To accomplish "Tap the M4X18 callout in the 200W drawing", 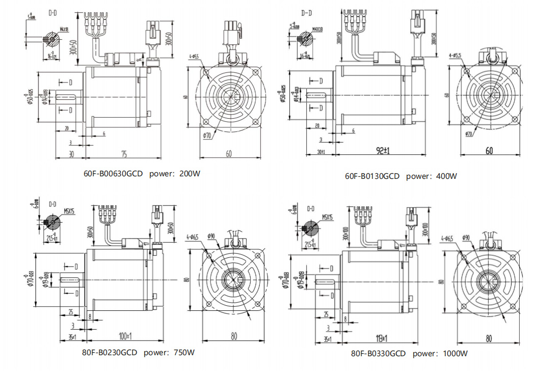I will tap(64, 30).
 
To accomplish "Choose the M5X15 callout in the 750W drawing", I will tap(69, 210).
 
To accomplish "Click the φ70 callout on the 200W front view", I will tap(207, 136).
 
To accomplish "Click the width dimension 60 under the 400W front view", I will tap(489, 151).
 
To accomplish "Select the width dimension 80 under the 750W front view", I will tap(234, 336).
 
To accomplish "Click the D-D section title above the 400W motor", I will tap(306, 13).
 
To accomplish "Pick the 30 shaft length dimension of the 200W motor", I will tap(71, 154).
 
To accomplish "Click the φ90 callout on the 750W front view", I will tap(211, 236).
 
